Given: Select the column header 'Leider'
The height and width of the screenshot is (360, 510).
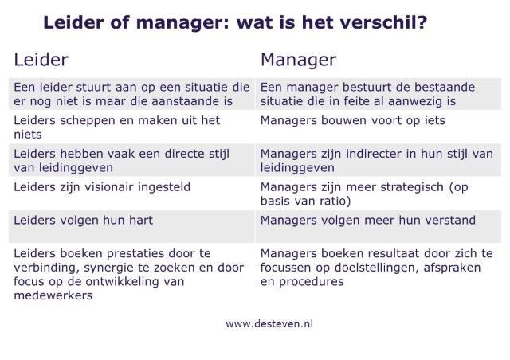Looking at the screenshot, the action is pos(41,60).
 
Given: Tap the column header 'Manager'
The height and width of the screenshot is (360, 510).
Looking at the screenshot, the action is pos(298,61).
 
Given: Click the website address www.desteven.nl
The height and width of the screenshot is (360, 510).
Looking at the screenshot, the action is pos(269,323).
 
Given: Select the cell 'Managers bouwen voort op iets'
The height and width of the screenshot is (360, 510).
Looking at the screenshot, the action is pos(352,121).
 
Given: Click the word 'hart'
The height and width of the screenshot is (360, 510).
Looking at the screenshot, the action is pos(141,221).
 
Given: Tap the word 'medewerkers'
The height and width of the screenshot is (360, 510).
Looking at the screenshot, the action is pos(53,295).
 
